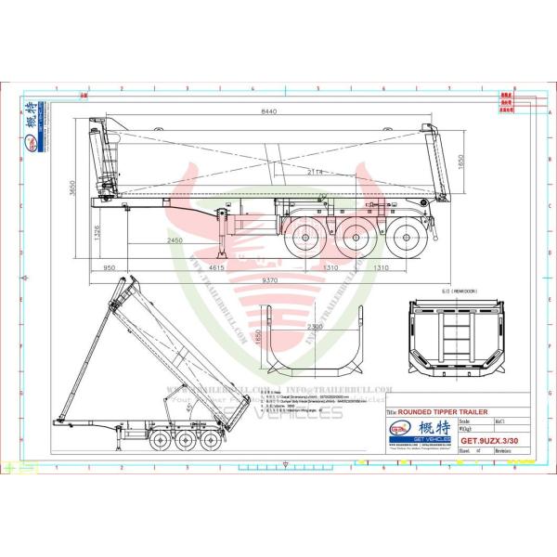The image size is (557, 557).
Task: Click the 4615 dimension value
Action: point(216,268)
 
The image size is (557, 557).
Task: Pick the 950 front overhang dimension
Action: point(110,268)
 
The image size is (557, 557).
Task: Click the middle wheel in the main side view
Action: point(353,240)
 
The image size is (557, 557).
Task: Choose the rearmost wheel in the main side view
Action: point(402,240)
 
